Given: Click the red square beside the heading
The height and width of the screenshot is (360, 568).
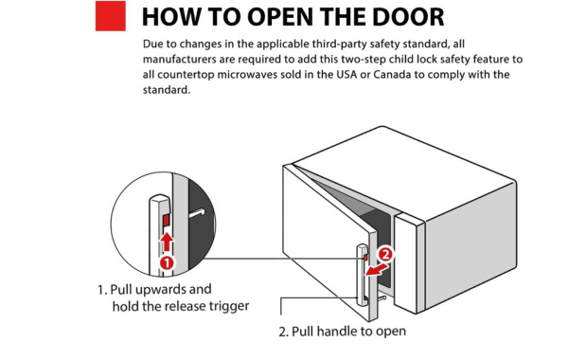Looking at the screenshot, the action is [x=111, y=16].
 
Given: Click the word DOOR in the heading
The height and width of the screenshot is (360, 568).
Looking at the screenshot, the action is [x=408, y=17].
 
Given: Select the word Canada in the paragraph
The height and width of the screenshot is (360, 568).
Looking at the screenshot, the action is [x=392, y=74].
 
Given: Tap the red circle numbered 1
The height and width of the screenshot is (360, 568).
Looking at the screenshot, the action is [x=167, y=262].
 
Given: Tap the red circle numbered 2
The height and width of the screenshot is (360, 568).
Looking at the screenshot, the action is [x=385, y=255].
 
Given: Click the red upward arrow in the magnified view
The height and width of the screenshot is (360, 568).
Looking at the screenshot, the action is [x=167, y=242].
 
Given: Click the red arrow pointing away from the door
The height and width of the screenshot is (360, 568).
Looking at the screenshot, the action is [x=377, y=270].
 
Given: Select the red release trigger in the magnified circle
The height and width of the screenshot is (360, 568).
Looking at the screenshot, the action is [x=167, y=220].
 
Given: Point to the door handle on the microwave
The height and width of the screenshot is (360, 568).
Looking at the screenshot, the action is [x=362, y=275].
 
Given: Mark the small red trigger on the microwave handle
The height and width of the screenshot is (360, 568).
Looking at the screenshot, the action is [x=365, y=257].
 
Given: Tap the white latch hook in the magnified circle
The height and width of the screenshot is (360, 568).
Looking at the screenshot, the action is [x=197, y=213].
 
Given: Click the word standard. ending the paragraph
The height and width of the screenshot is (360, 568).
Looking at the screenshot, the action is [x=167, y=90].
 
